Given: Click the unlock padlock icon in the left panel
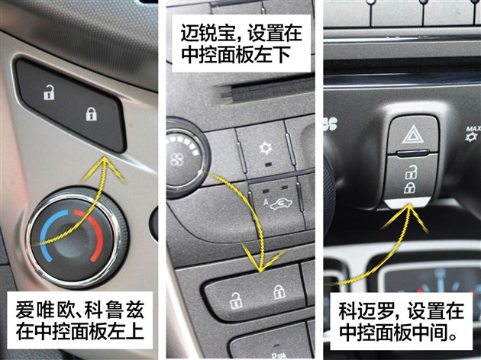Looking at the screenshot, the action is pyautogui.click(x=49, y=92).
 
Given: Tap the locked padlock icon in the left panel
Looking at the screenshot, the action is pyautogui.click(x=91, y=114).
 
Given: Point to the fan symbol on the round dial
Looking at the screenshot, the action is pyautogui.click(x=177, y=159).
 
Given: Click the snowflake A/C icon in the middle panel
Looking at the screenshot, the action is pyautogui.click(x=266, y=148).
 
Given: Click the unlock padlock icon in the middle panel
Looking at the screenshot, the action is pyautogui.click(x=236, y=301).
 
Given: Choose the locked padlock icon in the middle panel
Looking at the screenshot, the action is pyautogui.click(x=279, y=292).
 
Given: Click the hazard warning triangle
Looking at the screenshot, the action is pyautogui.click(x=413, y=134).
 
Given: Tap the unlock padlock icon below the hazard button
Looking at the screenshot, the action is pyautogui.click(x=411, y=172).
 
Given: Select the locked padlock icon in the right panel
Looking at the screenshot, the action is pyautogui.click(x=409, y=188).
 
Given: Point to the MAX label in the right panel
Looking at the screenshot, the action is pyautogui.click(x=473, y=129).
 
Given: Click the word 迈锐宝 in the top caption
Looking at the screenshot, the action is pyautogui.click(x=208, y=33).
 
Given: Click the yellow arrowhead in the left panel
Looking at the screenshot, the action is pyautogui.click(x=105, y=169).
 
